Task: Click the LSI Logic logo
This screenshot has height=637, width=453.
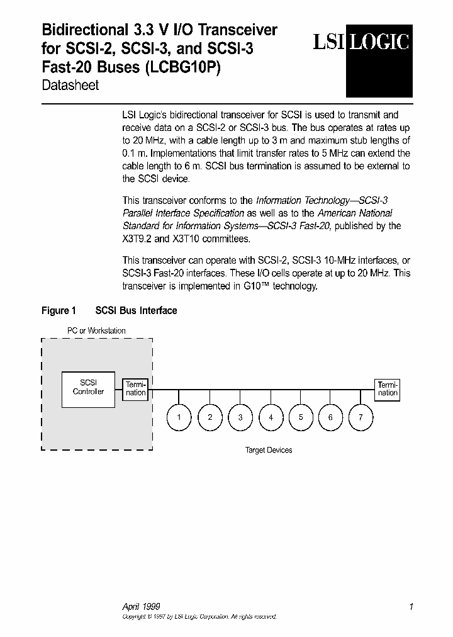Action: (x=362, y=43)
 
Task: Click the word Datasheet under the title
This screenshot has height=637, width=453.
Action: (x=70, y=86)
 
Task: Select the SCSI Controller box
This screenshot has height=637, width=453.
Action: (x=88, y=387)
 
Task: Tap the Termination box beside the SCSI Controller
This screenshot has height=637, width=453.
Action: (x=135, y=388)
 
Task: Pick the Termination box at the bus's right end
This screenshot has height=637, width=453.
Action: (x=388, y=388)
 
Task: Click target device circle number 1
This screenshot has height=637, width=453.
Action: (x=179, y=417)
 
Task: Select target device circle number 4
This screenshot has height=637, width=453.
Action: (x=271, y=417)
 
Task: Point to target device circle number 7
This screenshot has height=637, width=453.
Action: (x=361, y=417)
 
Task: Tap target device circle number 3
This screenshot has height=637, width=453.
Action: (x=240, y=417)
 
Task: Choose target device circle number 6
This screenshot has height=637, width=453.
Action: (x=330, y=417)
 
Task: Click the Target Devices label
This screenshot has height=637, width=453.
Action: (x=269, y=450)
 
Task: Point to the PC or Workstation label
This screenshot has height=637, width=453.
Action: (x=96, y=330)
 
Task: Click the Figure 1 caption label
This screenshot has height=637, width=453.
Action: (x=59, y=310)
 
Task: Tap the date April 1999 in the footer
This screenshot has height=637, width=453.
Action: (x=141, y=607)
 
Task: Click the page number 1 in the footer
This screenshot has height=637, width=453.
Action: (x=411, y=607)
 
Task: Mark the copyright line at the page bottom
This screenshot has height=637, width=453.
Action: (x=199, y=617)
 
